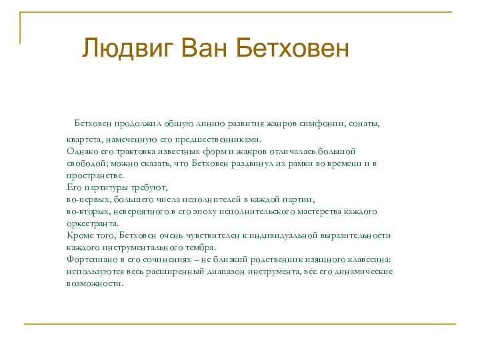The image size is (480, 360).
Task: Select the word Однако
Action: click(81, 151)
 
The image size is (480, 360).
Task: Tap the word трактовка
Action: click(129, 151)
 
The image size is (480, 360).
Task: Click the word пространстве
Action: click(95, 175)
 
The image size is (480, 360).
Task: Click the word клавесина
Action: click(369, 259)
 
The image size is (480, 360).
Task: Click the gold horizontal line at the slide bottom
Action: click(240, 325)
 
